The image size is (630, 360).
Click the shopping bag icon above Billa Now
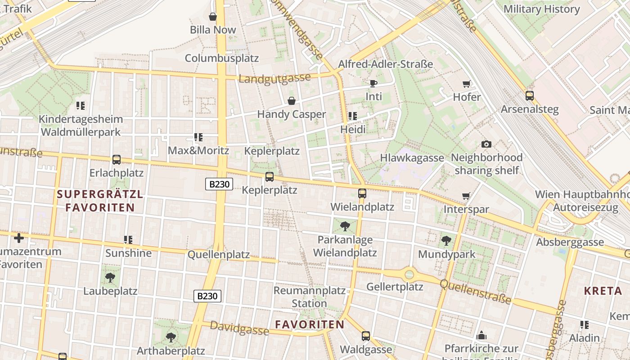(213, 17)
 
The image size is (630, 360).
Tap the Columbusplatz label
(222, 58)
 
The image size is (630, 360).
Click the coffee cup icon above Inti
(373, 83)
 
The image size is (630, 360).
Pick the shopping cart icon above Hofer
(467, 84)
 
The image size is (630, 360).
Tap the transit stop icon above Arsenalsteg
(530, 95)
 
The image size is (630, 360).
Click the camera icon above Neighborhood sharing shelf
(486, 144)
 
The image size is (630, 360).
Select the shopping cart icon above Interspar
(466, 196)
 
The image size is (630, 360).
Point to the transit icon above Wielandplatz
(362, 193)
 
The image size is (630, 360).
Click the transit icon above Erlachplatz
(117, 159)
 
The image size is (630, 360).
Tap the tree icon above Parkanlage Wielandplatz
(345, 226)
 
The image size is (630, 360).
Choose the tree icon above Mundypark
(446, 241)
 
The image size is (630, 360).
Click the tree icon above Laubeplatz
(110, 277)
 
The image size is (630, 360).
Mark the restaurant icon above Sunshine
(128, 239)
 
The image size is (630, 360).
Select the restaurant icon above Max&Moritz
(198, 137)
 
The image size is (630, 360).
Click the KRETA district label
(603, 291)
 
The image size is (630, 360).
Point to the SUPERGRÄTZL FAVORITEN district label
(100, 201)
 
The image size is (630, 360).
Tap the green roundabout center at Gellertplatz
(409, 274)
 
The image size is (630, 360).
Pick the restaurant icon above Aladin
(585, 324)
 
